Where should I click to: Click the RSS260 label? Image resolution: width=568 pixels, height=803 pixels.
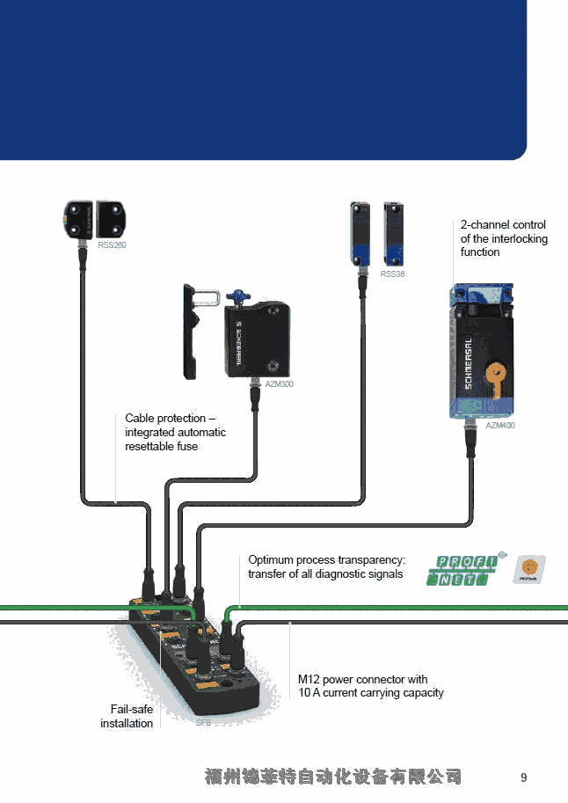pyautogui.click(x=112, y=245)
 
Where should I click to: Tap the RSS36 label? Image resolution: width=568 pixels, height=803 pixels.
pyautogui.click(x=392, y=274)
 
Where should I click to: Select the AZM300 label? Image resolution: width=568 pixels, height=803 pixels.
pyautogui.click(x=279, y=384)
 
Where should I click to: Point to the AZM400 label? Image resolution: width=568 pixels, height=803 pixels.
pyautogui.click(x=500, y=426)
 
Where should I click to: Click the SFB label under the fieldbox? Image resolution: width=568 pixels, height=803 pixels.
pyautogui.click(x=203, y=722)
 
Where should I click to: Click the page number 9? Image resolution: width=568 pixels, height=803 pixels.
pyautogui.click(x=524, y=777)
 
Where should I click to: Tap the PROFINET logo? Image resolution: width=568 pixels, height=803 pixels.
pyautogui.click(x=462, y=570)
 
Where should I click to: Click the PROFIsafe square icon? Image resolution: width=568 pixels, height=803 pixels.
pyautogui.click(x=529, y=570)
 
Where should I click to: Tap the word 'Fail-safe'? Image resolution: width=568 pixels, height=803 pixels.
pyautogui.click(x=131, y=709)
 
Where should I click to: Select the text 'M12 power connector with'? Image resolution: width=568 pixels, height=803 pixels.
pyautogui.click(x=363, y=680)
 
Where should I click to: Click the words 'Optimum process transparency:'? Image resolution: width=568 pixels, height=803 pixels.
pyautogui.click(x=326, y=560)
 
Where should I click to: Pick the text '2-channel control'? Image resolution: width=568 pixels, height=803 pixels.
pyautogui.click(x=503, y=225)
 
